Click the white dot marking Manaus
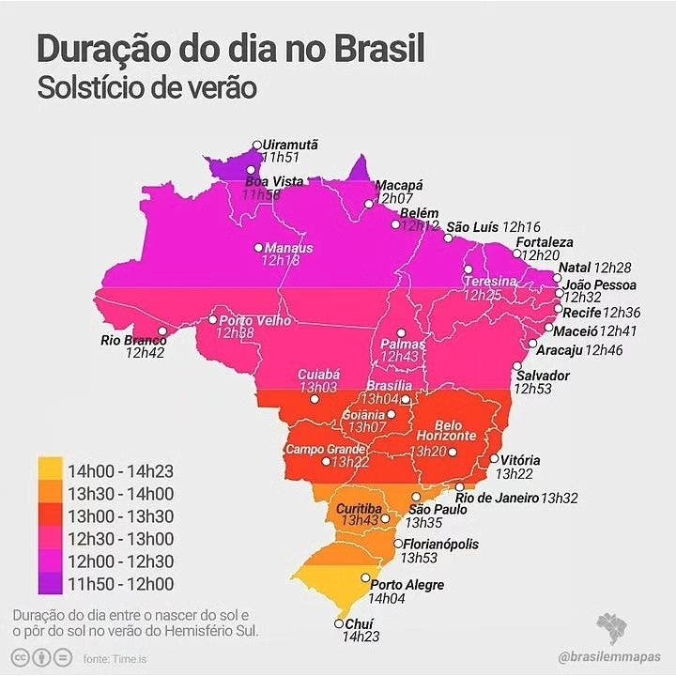pos(258,248)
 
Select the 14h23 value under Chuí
pos(360,637)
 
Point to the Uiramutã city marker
pos(257,145)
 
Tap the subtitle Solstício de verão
pos(147,88)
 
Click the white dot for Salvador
pos(517,366)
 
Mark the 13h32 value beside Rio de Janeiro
pos(560,498)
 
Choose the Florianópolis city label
pos(441,544)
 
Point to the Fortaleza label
pos(544,242)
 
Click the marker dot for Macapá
pos(369,201)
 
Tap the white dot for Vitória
pos(494,459)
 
